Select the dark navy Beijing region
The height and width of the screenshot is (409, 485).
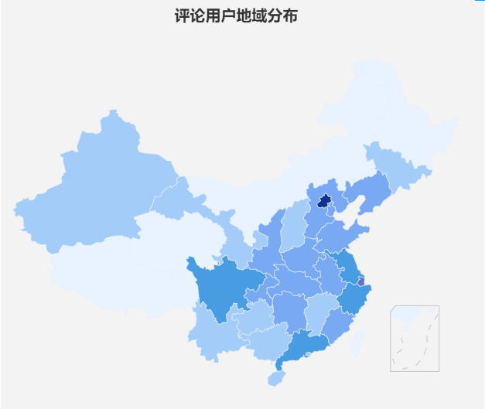pyautogui.click(x=325, y=201)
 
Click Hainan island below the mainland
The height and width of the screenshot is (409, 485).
pyautogui.click(x=275, y=378)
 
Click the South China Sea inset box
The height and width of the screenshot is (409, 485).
pyautogui.click(x=415, y=338)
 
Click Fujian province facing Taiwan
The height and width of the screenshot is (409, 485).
pyautogui.click(x=336, y=325)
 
